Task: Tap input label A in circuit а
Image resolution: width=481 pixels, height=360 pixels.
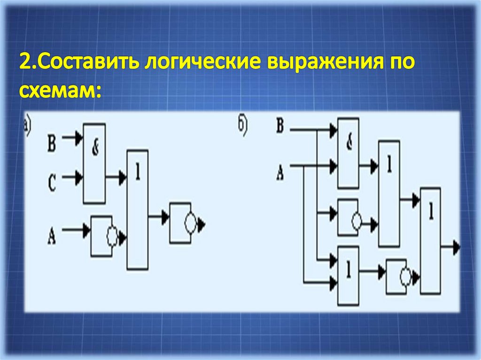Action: click(x=52, y=234)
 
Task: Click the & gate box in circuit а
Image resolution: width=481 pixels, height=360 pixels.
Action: click(x=94, y=163)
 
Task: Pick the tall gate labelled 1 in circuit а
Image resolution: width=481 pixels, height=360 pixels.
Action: click(x=137, y=209)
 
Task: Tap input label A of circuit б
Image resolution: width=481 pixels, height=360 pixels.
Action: click(x=280, y=173)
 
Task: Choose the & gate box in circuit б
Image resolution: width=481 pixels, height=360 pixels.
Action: click(x=349, y=152)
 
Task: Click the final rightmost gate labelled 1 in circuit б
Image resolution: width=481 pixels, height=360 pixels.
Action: click(x=430, y=240)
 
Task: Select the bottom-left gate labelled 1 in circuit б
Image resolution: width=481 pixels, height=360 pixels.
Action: click(x=349, y=275)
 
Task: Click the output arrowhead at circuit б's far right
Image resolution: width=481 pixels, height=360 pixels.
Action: click(x=456, y=248)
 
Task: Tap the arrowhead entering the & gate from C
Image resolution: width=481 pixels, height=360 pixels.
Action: click(x=79, y=177)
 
